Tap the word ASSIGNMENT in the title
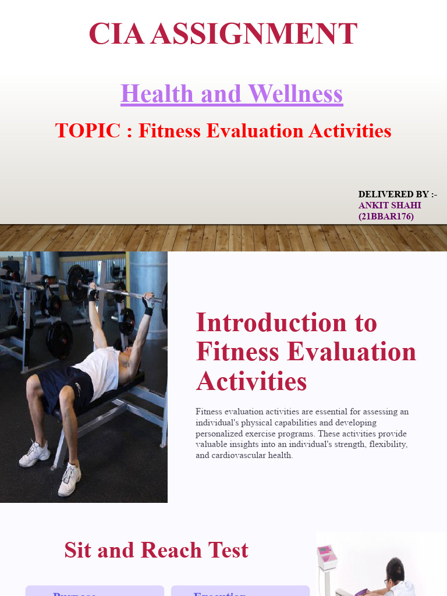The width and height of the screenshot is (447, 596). click(253, 34)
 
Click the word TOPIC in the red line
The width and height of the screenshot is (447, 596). click(88, 130)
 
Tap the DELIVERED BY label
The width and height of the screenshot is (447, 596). click(398, 194)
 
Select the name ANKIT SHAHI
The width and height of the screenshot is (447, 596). click(389, 205)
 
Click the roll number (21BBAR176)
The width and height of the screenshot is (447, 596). click(386, 217)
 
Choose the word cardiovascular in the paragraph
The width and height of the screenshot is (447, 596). click(237, 456)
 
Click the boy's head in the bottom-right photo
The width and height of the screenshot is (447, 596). click(396, 570)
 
